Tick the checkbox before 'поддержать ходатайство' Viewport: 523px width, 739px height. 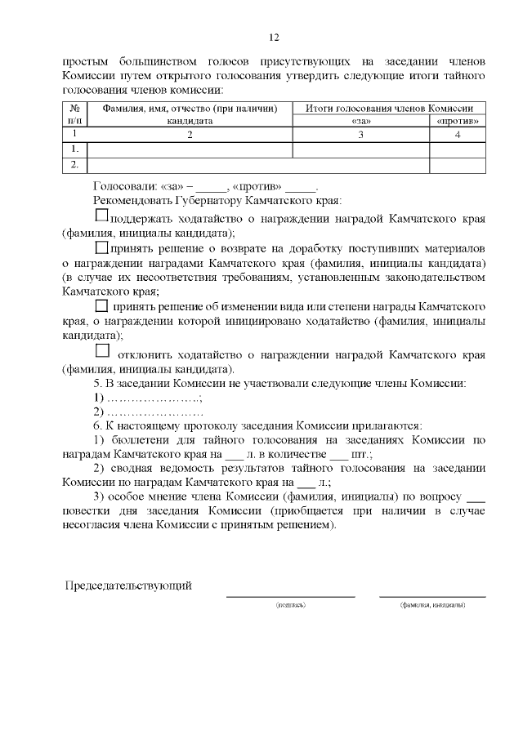(x=101, y=216)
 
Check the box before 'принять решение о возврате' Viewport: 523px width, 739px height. (x=101, y=247)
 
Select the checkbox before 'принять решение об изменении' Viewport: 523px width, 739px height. (x=101, y=305)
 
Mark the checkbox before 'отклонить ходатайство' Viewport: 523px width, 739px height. (x=102, y=351)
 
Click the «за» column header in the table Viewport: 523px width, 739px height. (x=360, y=121)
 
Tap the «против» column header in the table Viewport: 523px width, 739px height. (x=458, y=121)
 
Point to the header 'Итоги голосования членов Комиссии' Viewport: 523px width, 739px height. (x=389, y=108)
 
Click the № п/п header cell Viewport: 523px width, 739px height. (x=74, y=114)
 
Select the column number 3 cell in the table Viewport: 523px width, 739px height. (x=360, y=134)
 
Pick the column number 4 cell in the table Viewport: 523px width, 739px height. (x=458, y=134)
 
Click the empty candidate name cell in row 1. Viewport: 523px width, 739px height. (x=190, y=149)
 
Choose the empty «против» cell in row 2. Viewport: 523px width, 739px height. (x=458, y=165)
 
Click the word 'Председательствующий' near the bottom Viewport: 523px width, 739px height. (x=128, y=585)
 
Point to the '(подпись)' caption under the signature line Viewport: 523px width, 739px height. (x=291, y=605)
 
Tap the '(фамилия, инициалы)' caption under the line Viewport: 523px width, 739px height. (x=432, y=605)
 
